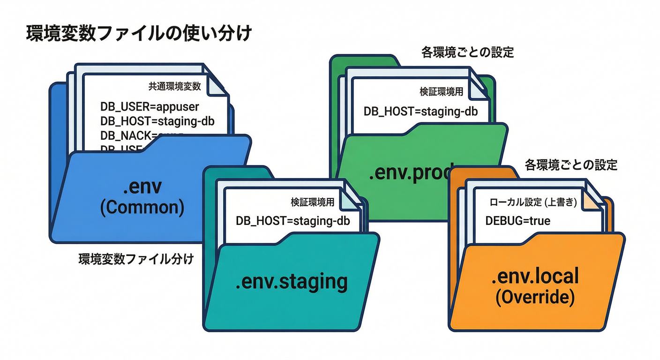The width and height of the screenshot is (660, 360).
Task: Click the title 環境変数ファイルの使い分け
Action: pos(139,35)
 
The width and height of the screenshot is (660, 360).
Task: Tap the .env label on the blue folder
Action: pos(142,187)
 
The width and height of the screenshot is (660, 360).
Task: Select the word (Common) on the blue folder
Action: pos(142,207)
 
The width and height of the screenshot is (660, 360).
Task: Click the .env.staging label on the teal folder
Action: pos(292,282)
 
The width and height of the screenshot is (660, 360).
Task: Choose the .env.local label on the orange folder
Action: pos(535,277)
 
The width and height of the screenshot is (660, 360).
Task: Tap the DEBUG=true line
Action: pos(518,220)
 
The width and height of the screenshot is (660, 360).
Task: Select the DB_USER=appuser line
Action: pos(150,106)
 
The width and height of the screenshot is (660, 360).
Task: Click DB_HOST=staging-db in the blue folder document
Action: pos(157,121)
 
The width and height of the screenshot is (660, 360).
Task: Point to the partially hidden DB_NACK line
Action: pos(141,135)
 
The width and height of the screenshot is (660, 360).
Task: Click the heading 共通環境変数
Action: pos(175,86)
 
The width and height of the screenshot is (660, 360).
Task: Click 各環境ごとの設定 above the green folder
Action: pos(468,52)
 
